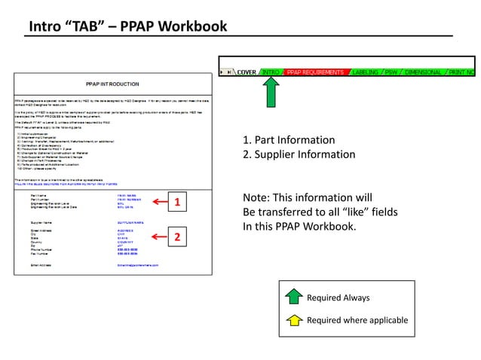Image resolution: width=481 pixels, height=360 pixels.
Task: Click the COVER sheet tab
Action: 247,72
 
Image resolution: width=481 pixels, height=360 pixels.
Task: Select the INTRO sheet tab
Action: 271,72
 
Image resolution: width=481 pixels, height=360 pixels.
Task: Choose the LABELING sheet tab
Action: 366,72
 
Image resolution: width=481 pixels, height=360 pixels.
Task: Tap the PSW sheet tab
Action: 391,72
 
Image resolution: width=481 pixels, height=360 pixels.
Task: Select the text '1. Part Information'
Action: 289,140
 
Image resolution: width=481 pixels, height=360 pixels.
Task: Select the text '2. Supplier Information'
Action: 299,154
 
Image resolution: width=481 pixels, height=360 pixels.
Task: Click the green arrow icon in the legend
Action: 295,297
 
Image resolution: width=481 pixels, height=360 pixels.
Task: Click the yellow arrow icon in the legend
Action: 295,320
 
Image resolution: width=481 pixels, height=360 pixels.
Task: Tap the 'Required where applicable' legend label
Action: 357,320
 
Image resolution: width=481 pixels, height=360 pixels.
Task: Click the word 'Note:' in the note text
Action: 256,198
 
